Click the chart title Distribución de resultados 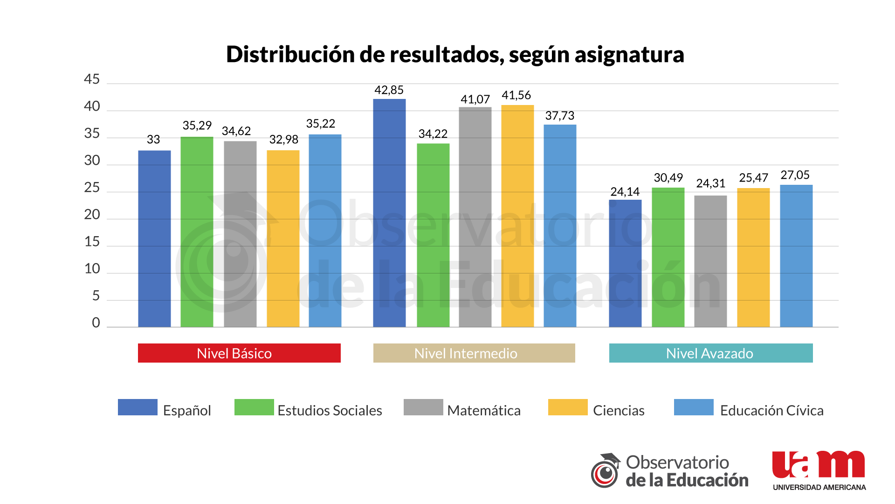tap(454, 55)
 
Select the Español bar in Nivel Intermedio tap(389, 212)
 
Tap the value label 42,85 tap(389, 90)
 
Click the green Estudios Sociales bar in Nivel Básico tap(197, 231)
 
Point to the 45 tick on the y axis tap(92, 79)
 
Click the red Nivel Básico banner tap(239, 353)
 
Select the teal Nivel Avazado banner tap(710, 353)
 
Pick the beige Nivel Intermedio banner tap(474, 353)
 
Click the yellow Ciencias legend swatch tap(567, 407)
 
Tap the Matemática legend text tap(483, 411)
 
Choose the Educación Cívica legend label tap(771, 411)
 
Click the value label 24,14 tap(625, 192)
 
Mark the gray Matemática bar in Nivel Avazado tap(710, 261)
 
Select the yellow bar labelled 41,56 tap(517, 215)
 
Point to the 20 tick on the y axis tap(92, 215)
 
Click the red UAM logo tap(818, 465)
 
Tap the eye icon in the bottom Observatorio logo tap(605, 474)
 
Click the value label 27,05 tap(795, 175)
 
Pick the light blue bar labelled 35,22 tap(325, 231)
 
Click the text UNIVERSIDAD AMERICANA tap(819, 487)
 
